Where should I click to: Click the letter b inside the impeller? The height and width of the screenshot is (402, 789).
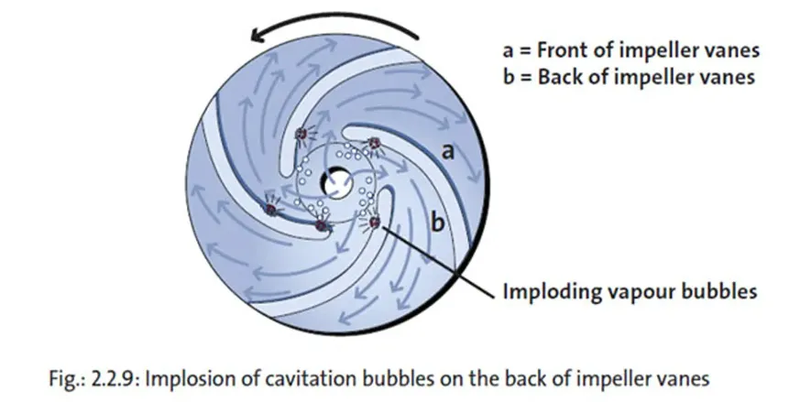438,223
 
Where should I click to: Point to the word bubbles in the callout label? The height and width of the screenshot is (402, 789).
718,292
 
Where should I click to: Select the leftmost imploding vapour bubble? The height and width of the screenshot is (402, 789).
270,209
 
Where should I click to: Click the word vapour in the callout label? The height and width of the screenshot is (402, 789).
639,292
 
